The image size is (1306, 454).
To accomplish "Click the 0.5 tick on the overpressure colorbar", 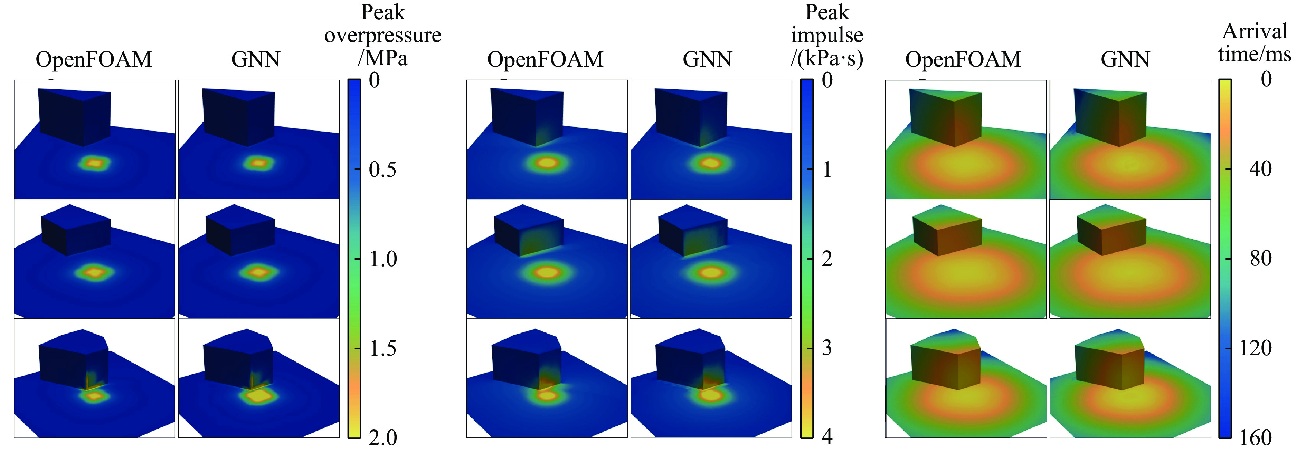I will point(358,169).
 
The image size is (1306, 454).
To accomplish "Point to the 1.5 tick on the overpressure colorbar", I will point(358,349).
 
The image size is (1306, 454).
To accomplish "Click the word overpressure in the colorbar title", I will point(383,36).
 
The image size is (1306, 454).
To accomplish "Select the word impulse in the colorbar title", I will point(827,36).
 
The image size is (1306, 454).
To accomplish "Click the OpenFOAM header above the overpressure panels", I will point(94,60).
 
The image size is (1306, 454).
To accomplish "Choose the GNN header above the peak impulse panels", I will point(707,60).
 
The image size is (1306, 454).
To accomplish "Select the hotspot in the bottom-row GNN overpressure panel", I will point(259,396).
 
